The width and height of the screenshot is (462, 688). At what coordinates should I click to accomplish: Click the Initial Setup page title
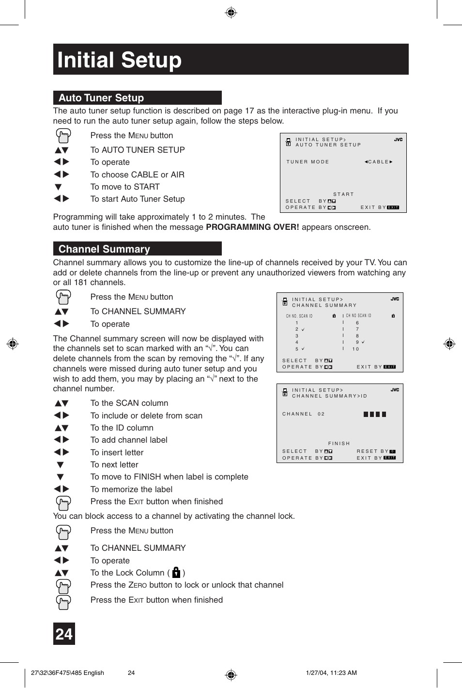119,60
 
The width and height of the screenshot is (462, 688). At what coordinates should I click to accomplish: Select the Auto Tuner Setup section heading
101,98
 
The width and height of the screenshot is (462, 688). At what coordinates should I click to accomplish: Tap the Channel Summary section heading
104,249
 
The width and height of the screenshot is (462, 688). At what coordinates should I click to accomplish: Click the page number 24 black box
64,634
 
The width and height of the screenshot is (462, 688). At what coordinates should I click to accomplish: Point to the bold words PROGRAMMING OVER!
252,227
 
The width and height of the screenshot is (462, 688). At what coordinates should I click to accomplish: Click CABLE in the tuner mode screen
378,162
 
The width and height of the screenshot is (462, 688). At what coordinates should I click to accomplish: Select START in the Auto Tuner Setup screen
343,194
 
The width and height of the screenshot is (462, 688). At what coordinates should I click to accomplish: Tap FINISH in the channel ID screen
339,444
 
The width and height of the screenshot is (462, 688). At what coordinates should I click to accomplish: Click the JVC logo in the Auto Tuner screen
398,140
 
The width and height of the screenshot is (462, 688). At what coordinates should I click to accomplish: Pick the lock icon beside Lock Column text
176,573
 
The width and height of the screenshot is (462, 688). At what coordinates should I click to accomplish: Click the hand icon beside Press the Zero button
63,586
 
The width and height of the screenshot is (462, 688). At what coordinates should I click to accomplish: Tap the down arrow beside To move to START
58,187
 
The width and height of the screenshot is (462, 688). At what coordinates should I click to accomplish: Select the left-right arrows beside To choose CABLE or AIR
62,175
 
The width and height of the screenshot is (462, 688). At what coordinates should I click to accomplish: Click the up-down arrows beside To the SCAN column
62,403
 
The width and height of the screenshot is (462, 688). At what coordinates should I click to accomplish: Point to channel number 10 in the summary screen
356,349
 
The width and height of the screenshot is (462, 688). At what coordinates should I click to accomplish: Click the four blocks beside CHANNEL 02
374,415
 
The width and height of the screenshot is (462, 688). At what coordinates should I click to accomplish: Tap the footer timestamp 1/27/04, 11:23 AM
331,673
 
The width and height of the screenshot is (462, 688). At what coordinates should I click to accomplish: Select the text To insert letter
117,453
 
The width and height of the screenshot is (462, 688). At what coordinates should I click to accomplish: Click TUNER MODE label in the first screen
308,162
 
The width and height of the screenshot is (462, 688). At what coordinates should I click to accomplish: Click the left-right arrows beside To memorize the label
62,489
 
